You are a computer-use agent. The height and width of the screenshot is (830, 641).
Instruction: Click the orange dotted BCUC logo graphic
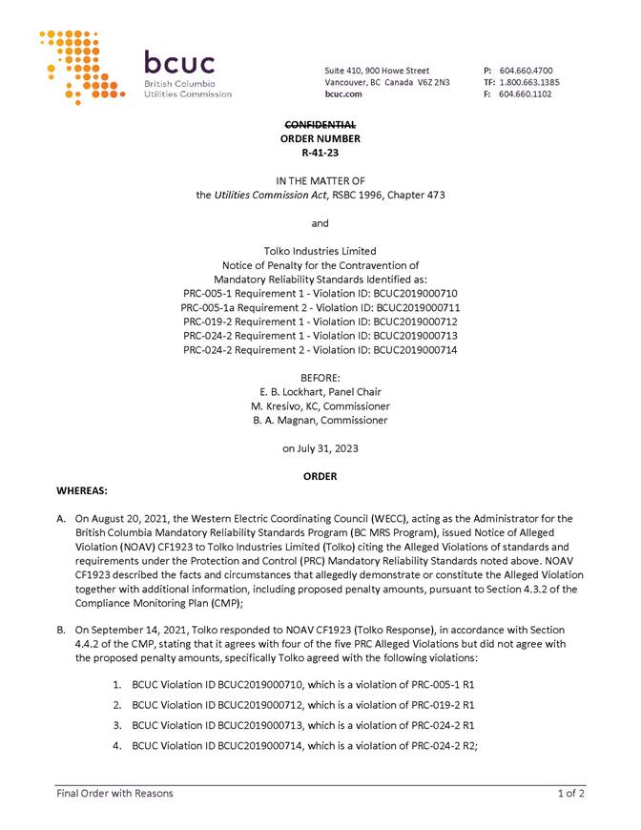[80, 67]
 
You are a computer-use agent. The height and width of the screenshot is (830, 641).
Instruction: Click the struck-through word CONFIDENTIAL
[320, 125]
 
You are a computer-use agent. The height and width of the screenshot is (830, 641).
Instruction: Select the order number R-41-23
[320, 152]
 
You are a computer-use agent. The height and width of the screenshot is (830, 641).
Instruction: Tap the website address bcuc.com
[343, 94]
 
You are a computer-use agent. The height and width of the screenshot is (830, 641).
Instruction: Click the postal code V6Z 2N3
[431, 83]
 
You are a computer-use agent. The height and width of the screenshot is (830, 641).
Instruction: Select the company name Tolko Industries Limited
[320, 251]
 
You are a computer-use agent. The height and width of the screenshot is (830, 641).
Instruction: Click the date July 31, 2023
[330, 447]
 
